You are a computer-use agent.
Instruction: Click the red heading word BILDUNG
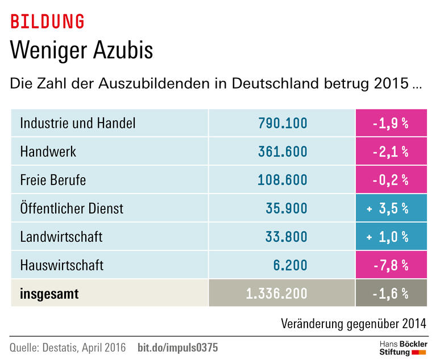click(47, 22)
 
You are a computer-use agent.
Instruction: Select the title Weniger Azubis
click(82, 51)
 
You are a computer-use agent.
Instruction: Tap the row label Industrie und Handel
click(77, 123)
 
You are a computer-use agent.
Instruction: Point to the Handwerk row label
click(48, 152)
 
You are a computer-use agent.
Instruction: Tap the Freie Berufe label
click(53, 180)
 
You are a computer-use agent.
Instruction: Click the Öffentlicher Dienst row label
click(72, 208)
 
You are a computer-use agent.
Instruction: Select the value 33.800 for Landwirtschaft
click(286, 237)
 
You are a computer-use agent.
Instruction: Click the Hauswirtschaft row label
click(61, 265)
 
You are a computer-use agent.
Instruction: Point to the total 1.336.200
click(276, 294)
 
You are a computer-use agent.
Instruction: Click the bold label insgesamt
click(49, 294)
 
